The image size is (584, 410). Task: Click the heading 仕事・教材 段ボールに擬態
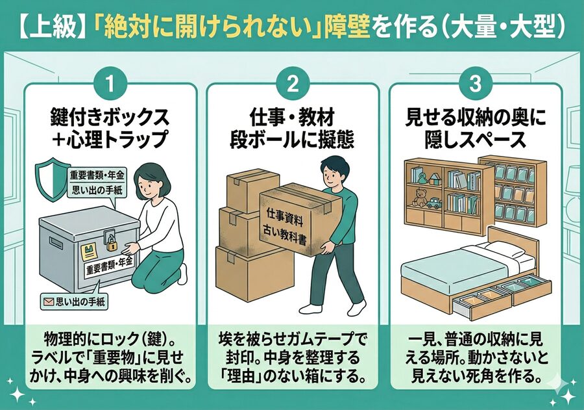pos(293,129)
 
